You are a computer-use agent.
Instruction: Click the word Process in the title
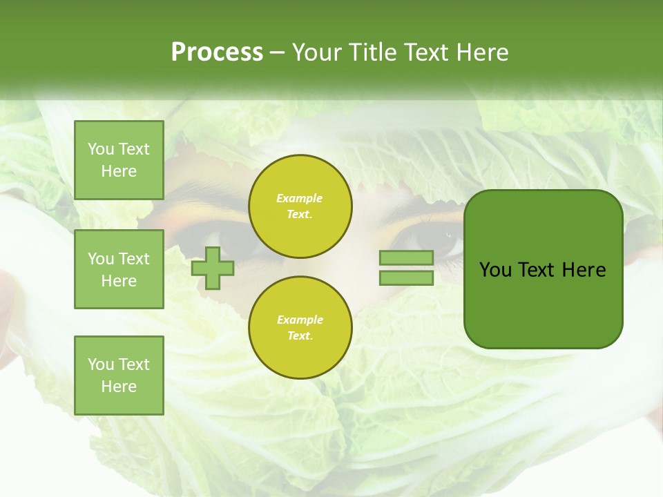click(217, 52)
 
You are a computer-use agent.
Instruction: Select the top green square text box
click(119, 160)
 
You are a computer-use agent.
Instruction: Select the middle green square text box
click(119, 269)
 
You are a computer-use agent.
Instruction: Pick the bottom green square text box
click(119, 376)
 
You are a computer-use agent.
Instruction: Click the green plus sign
click(213, 268)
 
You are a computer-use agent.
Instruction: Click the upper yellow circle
click(300, 206)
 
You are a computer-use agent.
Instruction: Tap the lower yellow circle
click(300, 327)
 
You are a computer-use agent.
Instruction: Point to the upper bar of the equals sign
click(406, 257)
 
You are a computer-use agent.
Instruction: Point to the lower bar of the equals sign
click(406, 277)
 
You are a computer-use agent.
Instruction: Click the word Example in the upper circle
click(300, 198)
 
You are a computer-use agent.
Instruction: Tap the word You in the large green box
click(495, 270)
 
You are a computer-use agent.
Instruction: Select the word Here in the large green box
click(584, 270)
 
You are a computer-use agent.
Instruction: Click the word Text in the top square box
click(133, 149)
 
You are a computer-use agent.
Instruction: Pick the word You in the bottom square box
click(101, 364)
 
